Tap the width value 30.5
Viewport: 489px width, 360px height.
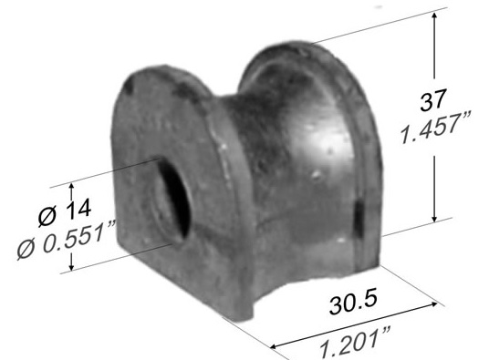pyautogui.click(x=353, y=301)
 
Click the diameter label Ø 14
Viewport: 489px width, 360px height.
pyautogui.click(x=65, y=211)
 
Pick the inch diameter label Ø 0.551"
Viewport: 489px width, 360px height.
pyautogui.click(x=66, y=240)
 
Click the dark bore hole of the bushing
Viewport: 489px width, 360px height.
pyautogui.click(x=174, y=200)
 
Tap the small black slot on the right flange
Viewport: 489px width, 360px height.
pyautogui.click(x=359, y=219)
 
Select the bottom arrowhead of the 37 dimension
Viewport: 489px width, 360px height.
pyautogui.click(x=434, y=218)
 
